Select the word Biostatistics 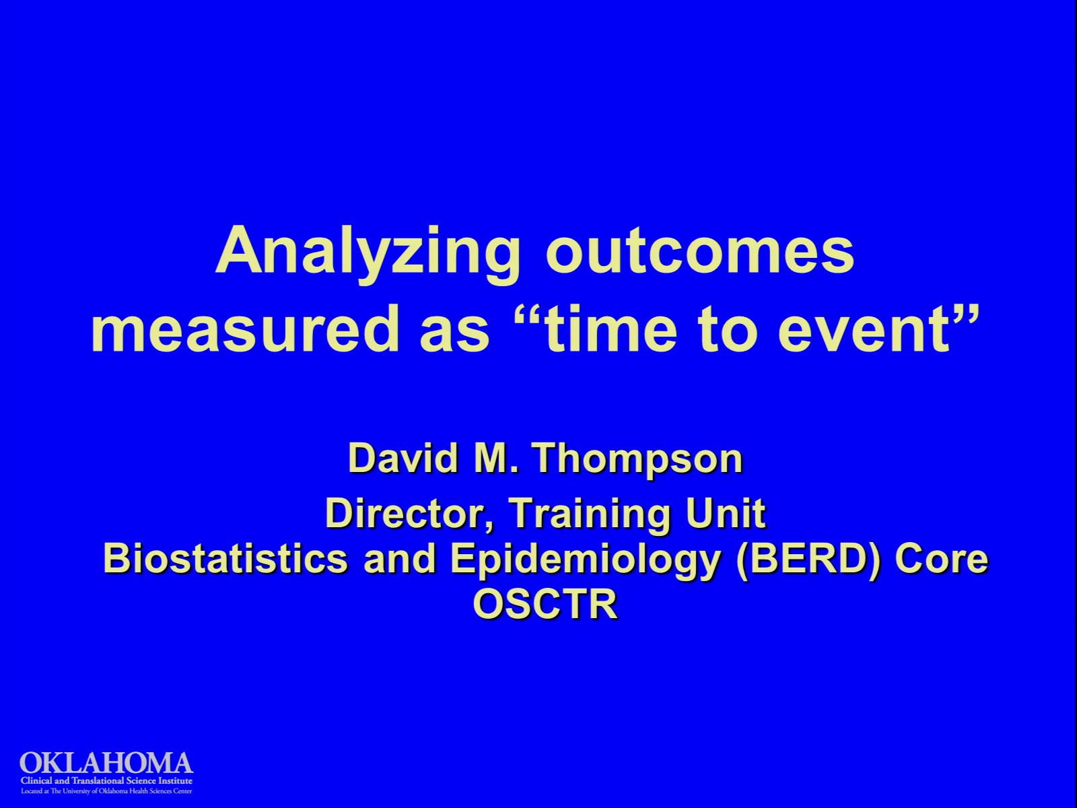pyautogui.click(x=225, y=559)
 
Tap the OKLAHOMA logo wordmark pyautogui.click(x=106, y=764)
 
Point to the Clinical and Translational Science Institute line pyautogui.click(x=106, y=780)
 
